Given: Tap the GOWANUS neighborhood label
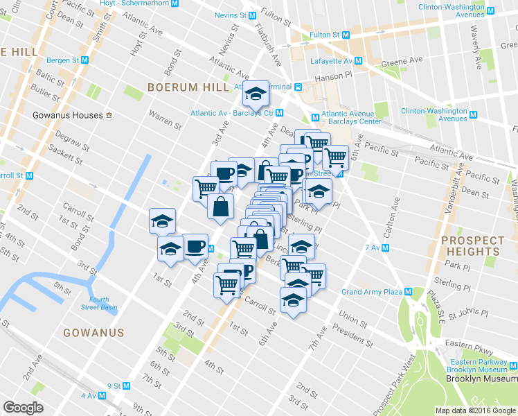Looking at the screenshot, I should click(93, 333).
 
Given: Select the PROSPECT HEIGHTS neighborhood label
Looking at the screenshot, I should click(472, 247).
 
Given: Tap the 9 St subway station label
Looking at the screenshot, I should click(114, 385).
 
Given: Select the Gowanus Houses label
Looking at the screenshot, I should click(68, 114).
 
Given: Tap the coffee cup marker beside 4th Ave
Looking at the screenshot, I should click(195, 246).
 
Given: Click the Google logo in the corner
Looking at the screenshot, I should click(23, 408).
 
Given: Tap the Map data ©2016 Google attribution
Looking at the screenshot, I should click(476, 410).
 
